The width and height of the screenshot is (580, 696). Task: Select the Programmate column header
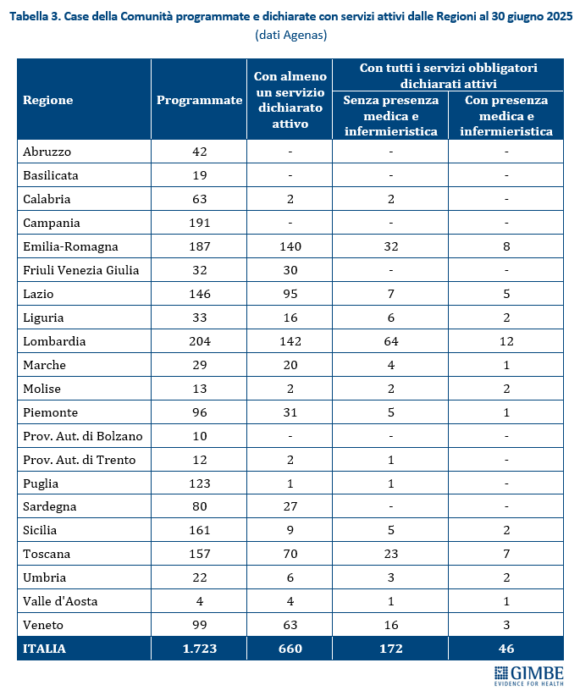click(x=199, y=100)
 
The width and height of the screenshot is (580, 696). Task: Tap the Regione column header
click(x=48, y=100)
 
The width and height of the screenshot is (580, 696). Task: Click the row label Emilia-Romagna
click(x=70, y=246)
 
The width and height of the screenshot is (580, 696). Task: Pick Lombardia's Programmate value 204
click(x=199, y=341)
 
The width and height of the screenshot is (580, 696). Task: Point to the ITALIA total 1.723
click(x=199, y=649)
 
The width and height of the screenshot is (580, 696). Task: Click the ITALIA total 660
click(x=290, y=649)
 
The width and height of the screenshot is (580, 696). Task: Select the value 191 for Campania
click(x=199, y=223)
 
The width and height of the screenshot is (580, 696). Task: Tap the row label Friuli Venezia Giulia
click(x=81, y=270)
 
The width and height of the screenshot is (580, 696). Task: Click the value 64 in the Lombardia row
click(x=390, y=341)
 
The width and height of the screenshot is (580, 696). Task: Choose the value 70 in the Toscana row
click(x=290, y=554)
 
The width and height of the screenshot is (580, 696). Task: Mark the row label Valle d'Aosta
click(x=60, y=601)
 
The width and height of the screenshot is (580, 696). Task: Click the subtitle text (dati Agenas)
click(x=290, y=36)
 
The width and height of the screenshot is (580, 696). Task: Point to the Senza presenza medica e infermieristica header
click(x=390, y=115)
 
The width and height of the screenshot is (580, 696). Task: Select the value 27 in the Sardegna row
click(x=290, y=506)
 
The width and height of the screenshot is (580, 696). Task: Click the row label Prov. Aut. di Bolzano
click(x=82, y=436)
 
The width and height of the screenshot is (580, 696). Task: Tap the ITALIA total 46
click(x=505, y=649)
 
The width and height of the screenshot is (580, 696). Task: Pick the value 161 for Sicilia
click(x=199, y=530)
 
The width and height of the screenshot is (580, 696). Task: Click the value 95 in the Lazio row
click(x=290, y=294)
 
